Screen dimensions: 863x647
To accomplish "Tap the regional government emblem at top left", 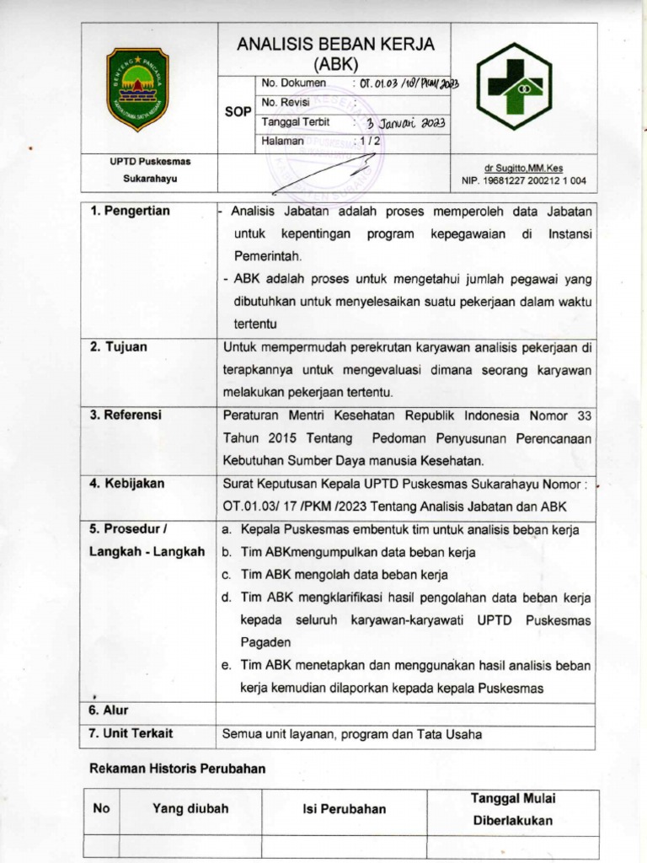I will (x=138, y=88).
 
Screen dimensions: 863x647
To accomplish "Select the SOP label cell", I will (x=236, y=111).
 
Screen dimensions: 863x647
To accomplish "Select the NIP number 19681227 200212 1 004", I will (x=523, y=180).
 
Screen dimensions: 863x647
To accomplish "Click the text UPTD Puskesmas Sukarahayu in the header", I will (x=149, y=169).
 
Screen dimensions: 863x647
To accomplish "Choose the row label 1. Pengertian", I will (x=130, y=211).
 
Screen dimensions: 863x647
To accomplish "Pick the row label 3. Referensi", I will (x=126, y=415).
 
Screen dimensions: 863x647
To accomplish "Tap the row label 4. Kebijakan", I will (x=127, y=484).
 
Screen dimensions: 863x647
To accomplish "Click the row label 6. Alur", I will (x=110, y=710).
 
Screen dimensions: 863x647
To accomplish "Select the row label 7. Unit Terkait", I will (x=131, y=734).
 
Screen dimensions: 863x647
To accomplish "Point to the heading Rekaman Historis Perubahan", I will (x=177, y=768).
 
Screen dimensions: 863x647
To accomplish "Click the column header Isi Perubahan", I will (x=344, y=809).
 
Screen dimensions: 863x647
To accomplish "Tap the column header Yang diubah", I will (x=190, y=808).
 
